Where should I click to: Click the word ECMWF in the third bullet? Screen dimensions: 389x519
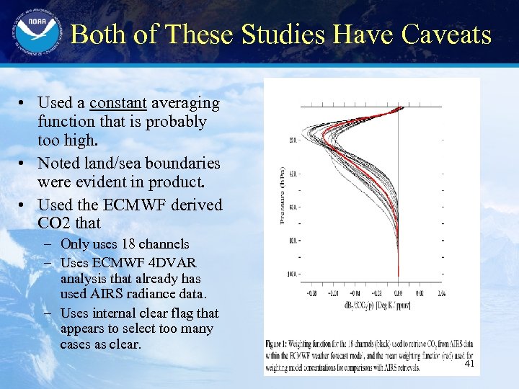tap(136, 205)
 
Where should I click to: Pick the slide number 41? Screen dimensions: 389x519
tap(469, 365)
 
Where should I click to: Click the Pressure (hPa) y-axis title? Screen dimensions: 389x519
tap(282, 195)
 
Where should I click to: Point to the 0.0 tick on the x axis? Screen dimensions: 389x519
tap(399, 294)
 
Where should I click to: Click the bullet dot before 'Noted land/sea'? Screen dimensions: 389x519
tap(24, 164)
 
